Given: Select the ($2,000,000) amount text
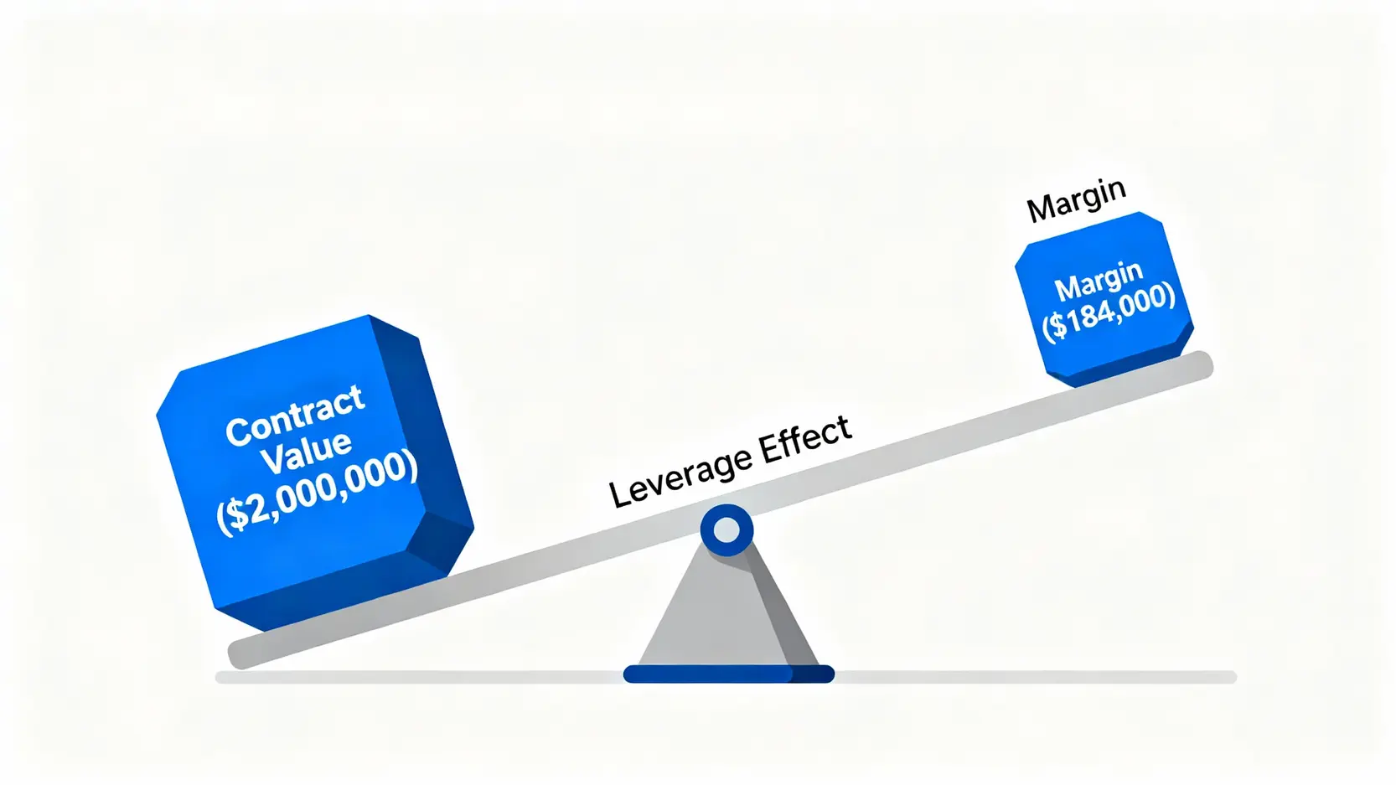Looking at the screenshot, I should pyautogui.click(x=317, y=492).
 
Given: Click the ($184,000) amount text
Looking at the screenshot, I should pyautogui.click(x=1109, y=311).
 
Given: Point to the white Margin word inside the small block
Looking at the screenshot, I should pyautogui.click(x=1098, y=281).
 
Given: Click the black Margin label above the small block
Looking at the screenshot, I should pyautogui.click(x=1076, y=200).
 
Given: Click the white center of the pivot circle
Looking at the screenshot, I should pyautogui.click(x=726, y=530).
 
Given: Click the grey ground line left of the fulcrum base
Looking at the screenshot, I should pyautogui.click(x=419, y=677).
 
